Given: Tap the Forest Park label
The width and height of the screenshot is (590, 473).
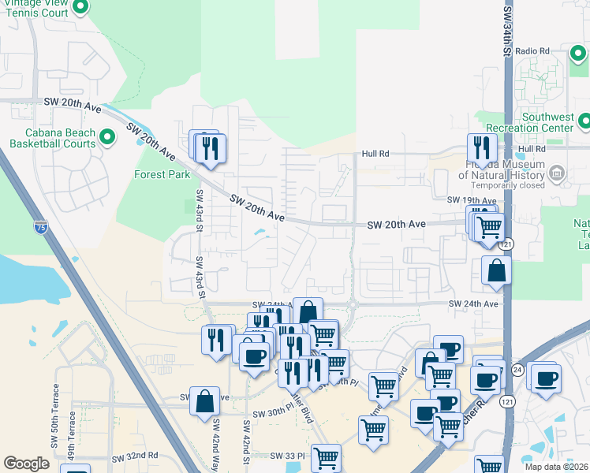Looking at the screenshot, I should coord(162,174).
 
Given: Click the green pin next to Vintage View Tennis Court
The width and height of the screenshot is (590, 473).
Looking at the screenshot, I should coord(80,8).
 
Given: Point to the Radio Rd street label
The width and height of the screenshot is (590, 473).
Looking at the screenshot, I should coord(532,51).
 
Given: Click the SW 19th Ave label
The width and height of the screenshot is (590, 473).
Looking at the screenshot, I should coord(472,200).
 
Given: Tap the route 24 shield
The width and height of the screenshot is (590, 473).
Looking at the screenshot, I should coord(517,369).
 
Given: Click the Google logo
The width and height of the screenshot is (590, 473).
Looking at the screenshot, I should coord(26,464).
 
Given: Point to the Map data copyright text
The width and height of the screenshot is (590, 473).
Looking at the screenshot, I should coord(557,467).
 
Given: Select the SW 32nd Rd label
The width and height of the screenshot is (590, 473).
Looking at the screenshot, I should coord(135,457).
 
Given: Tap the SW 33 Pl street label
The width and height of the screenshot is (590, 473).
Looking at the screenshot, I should coord(287,456).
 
